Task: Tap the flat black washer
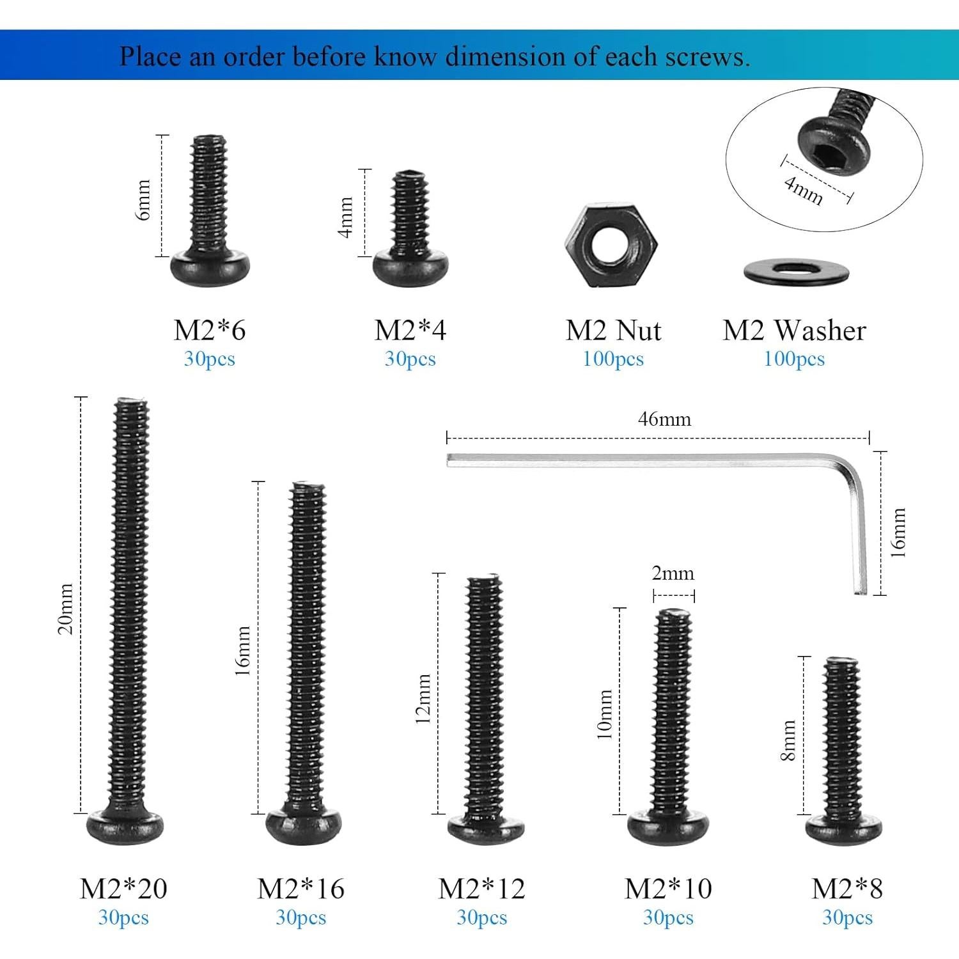coord(796,272)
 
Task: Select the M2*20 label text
coord(123,889)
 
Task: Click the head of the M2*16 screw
coord(303,826)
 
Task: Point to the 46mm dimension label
coord(664,419)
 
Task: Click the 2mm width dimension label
coord(673,573)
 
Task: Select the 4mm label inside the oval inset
coord(804,190)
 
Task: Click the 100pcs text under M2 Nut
coord(612,359)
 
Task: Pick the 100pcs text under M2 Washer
coord(794,359)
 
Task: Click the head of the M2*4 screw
coord(410,269)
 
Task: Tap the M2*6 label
coord(210,331)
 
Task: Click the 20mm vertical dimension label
coord(66,608)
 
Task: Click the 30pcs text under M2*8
coord(847,918)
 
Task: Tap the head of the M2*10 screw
coord(668,828)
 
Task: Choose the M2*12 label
coord(481,889)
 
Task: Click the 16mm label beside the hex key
coord(898,533)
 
